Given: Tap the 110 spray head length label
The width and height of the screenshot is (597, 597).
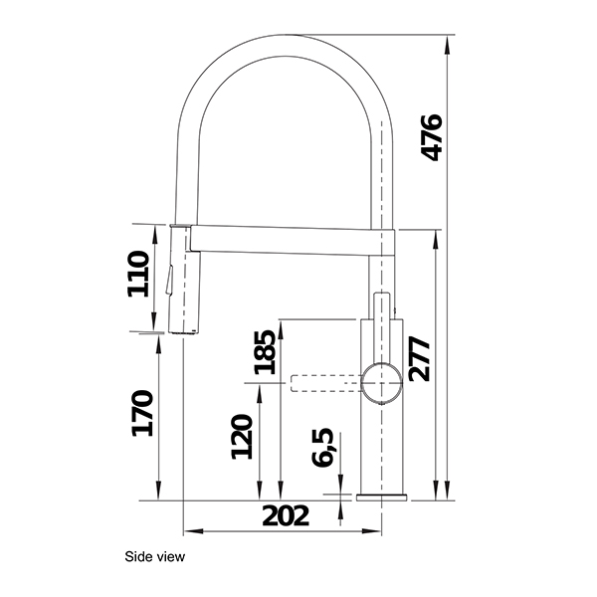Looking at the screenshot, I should click(x=138, y=274).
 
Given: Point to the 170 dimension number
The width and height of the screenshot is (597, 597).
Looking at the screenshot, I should click(x=141, y=413).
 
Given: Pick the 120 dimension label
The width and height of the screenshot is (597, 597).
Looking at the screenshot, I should click(x=241, y=436).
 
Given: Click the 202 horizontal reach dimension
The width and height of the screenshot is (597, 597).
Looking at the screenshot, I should click(x=286, y=515).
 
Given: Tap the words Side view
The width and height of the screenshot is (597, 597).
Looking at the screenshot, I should click(x=155, y=557).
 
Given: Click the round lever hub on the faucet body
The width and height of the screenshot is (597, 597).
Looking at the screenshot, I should click(x=381, y=383).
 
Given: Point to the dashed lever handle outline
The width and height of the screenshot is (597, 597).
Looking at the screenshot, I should click(x=323, y=383).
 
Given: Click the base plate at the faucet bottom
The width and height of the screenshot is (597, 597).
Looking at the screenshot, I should click(x=381, y=495).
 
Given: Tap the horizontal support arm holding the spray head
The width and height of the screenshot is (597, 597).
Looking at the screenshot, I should click(x=289, y=239).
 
